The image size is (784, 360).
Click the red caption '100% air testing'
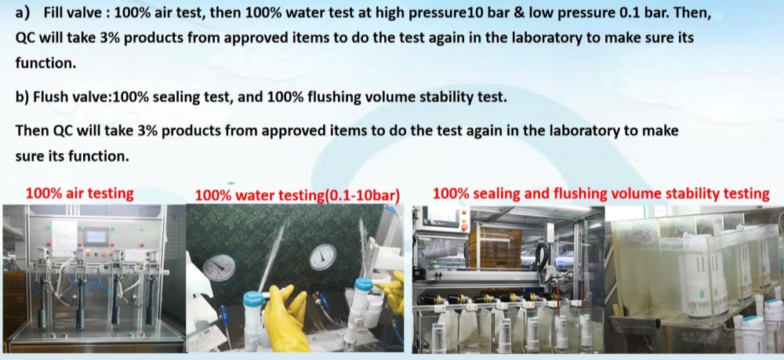80,194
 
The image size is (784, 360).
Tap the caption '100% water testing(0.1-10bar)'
297,195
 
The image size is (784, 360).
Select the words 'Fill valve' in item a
73,13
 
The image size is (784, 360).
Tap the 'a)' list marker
23,13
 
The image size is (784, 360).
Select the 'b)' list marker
23,97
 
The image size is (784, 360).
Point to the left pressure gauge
219,267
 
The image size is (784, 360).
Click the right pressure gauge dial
322,257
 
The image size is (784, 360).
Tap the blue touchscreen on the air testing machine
96,237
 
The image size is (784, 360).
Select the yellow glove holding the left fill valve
285,316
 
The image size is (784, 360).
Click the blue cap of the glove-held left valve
253,299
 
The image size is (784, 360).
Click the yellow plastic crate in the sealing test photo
495,248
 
